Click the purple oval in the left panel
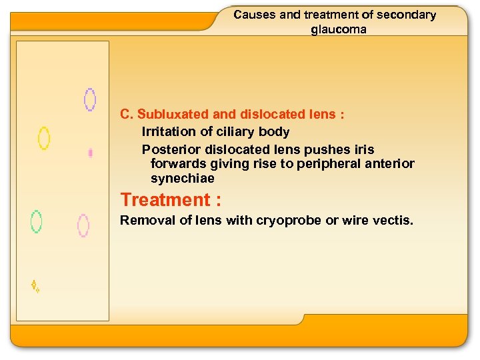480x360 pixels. (x=89, y=99)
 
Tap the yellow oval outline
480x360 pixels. (x=44, y=138)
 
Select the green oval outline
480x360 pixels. (x=37, y=221)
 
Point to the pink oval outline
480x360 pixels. (x=83, y=225)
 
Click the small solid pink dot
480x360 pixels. (x=90, y=153)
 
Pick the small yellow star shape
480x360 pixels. (x=35, y=286)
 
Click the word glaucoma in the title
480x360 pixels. (x=339, y=29)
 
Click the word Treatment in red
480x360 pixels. (x=165, y=200)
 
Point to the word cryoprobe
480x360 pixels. (x=288, y=221)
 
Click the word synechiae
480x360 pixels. (x=183, y=179)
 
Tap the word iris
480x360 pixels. (x=361, y=149)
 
